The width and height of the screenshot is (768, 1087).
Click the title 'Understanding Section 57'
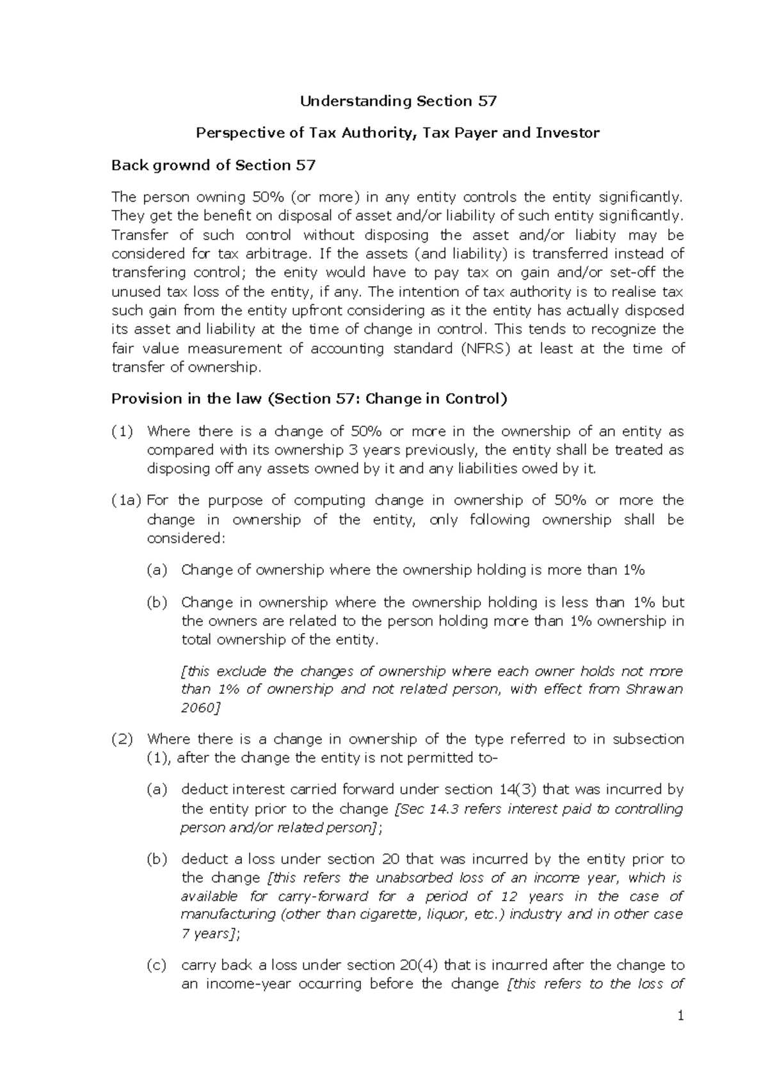click(x=398, y=101)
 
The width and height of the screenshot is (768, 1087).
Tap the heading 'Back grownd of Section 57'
click(x=213, y=165)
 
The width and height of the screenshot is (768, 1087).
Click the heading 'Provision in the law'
click(x=186, y=399)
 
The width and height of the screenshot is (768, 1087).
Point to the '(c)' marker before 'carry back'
click(x=157, y=965)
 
